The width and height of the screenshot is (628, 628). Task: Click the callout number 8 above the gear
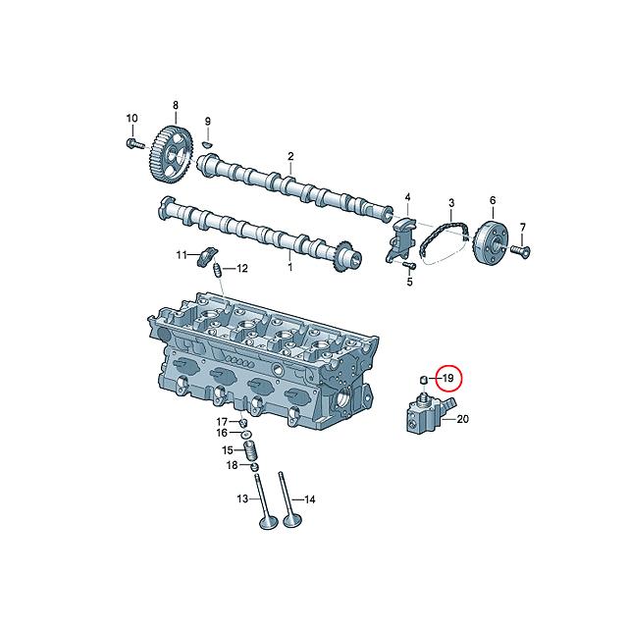tap(176, 104)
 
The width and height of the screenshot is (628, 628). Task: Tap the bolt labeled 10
tap(131, 144)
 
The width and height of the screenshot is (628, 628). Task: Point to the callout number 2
tap(290, 156)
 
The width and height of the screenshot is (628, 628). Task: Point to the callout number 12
tap(241, 269)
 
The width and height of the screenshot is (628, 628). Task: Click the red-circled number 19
tap(446, 378)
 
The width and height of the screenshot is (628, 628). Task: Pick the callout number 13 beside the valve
tap(240, 499)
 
